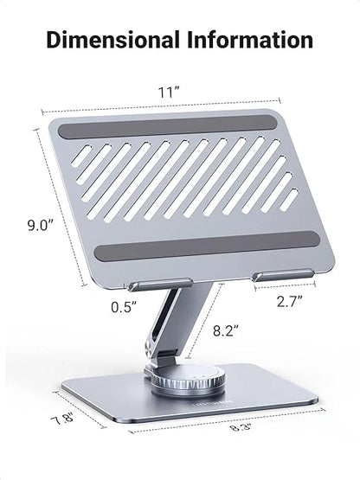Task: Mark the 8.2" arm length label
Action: tap(226, 330)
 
